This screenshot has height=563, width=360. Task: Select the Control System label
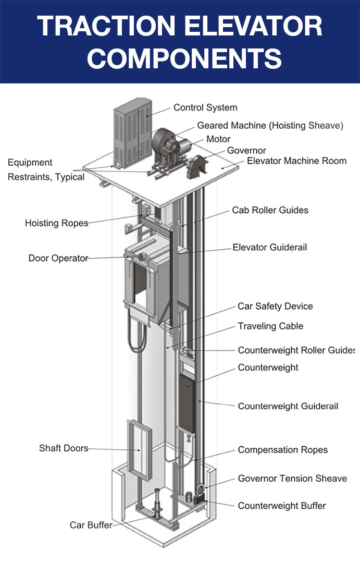(x=205, y=108)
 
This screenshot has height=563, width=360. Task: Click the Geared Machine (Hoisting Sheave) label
(x=270, y=126)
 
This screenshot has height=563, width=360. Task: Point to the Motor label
(x=218, y=139)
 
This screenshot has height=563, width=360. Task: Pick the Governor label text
(x=246, y=151)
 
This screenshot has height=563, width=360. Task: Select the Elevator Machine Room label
(x=296, y=161)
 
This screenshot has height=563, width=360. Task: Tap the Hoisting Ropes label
(x=56, y=223)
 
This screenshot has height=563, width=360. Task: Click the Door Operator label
(x=58, y=258)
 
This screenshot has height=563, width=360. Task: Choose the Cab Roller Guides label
(x=270, y=210)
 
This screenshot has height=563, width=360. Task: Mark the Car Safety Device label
(x=275, y=306)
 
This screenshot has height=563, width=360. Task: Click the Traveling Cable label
(x=270, y=326)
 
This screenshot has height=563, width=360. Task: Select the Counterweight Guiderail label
(x=288, y=406)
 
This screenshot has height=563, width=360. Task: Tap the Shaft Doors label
(x=64, y=448)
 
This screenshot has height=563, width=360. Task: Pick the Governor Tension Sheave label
(x=292, y=478)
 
